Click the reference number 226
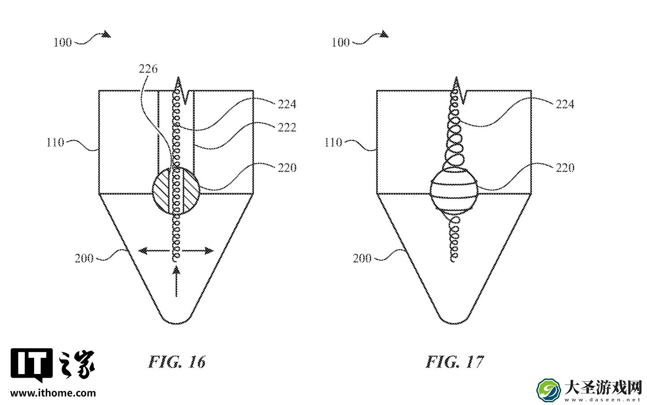(x=148, y=69)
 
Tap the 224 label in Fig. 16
(x=287, y=104)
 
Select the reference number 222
(x=287, y=127)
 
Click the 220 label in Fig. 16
(x=287, y=168)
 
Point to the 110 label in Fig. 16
(x=55, y=142)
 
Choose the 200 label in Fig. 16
(x=84, y=258)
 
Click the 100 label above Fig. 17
(x=341, y=43)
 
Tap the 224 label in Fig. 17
(x=565, y=104)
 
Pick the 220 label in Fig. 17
(x=565, y=168)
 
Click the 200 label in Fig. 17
(x=362, y=258)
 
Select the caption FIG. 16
(x=177, y=362)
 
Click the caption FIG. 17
(x=455, y=362)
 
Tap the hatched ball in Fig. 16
(x=176, y=191)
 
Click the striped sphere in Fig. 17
(x=454, y=192)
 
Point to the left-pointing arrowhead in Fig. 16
(x=142, y=250)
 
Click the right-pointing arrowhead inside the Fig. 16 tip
(x=209, y=250)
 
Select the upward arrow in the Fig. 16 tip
(x=176, y=282)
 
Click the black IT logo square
(x=32, y=365)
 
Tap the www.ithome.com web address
(x=53, y=393)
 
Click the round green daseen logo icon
(x=549, y=390)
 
